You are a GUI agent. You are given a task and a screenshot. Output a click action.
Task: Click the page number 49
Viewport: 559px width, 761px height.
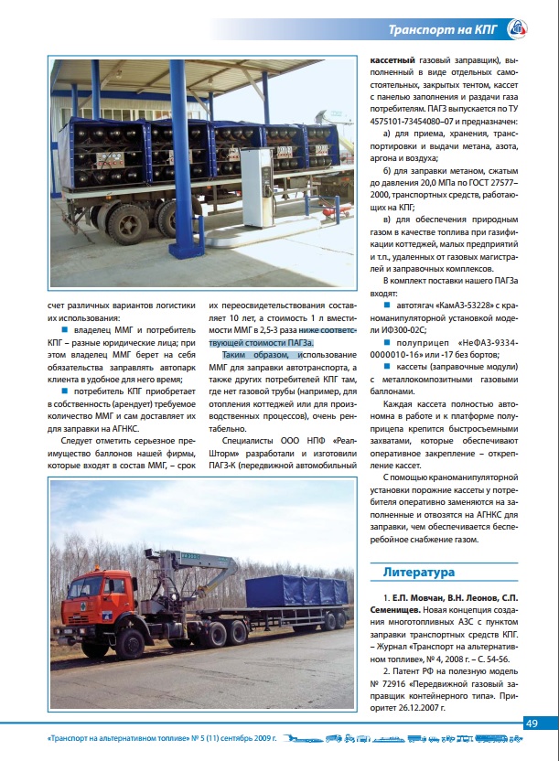click(x=532, y=723)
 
